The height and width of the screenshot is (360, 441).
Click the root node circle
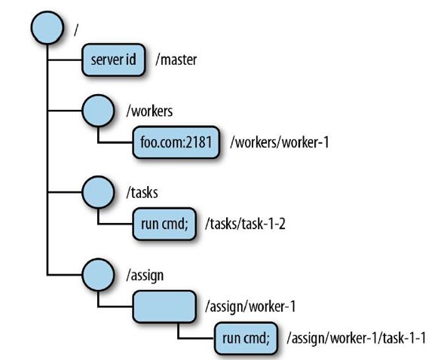point(47,28)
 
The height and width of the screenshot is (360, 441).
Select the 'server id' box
point(114,59)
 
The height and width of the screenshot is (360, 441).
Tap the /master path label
point(176,59)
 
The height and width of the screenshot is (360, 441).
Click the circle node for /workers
point(98,111)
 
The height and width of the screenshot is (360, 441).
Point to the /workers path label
point(149,111)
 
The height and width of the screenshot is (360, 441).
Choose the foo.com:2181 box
point(176,142)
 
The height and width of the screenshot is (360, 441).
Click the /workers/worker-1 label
point(280,142)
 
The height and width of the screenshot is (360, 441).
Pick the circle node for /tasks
point(98,192)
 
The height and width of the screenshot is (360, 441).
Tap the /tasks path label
point(142,193)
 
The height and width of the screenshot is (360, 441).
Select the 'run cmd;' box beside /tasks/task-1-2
point(164,224)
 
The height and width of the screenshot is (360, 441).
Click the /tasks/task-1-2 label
point(245,224)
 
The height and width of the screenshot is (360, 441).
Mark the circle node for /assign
point(98,275)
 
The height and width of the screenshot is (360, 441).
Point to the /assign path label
point(145,276)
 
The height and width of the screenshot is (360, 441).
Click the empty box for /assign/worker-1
point(164,307)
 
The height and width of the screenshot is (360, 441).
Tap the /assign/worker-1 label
point(250,307)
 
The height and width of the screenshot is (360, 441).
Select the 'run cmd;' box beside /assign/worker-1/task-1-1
point(246,338)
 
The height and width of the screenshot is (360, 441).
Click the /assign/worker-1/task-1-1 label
point(357,338)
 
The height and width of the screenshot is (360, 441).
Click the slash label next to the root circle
point(75,30)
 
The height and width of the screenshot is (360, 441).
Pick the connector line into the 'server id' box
point(65,59)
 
